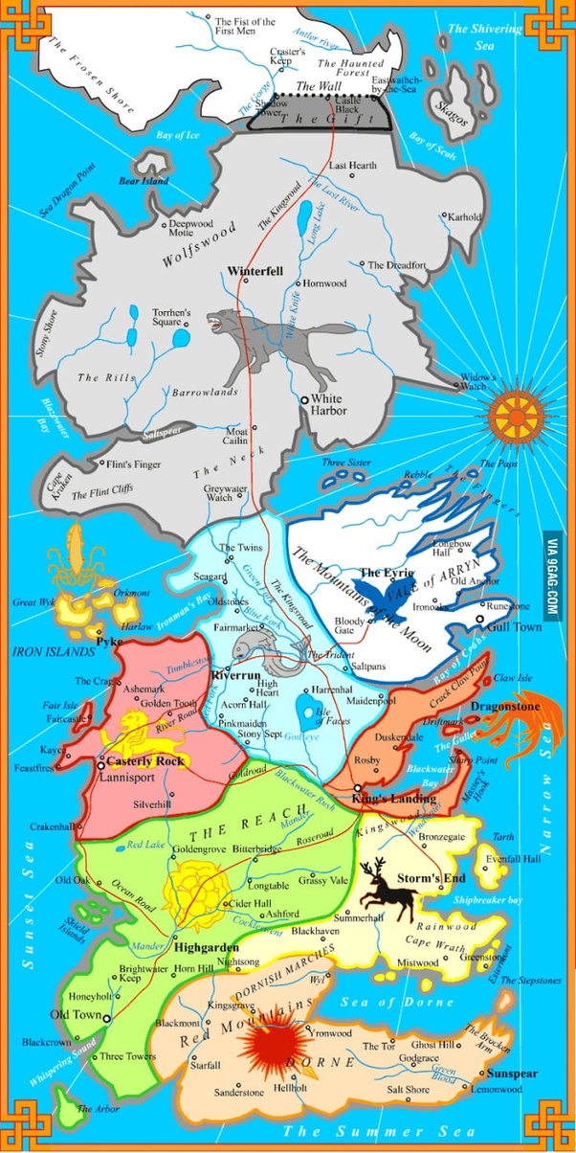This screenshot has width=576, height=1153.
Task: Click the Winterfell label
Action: (255, 271)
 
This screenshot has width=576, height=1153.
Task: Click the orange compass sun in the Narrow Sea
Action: (518, 415)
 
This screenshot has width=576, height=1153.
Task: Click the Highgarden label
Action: (206, 947)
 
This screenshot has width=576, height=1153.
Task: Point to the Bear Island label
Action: (143, 180)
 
